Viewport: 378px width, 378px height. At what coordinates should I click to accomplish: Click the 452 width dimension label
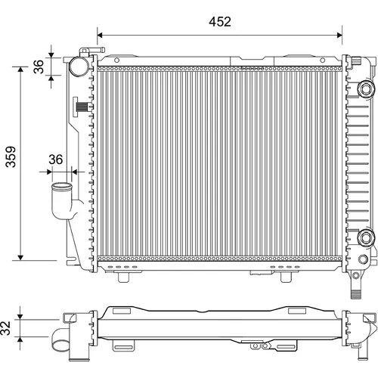(220, 22)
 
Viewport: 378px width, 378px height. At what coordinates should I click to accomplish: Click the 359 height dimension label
(11, 156)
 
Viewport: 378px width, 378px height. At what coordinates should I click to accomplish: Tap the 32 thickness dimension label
(6, 328)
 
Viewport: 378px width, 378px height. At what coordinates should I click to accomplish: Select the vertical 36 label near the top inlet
(39, 67)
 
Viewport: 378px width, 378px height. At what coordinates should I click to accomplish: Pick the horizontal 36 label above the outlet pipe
(55, 160)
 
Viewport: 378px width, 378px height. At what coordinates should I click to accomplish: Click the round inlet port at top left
(79, 67)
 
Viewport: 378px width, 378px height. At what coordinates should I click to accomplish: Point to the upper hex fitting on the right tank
(365, 88)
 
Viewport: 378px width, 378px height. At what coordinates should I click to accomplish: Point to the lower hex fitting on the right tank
(365, 237)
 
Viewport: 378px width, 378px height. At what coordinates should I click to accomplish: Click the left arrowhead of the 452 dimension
(100, 35)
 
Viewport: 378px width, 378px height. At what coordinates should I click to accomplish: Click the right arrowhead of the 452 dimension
(339, 35)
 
